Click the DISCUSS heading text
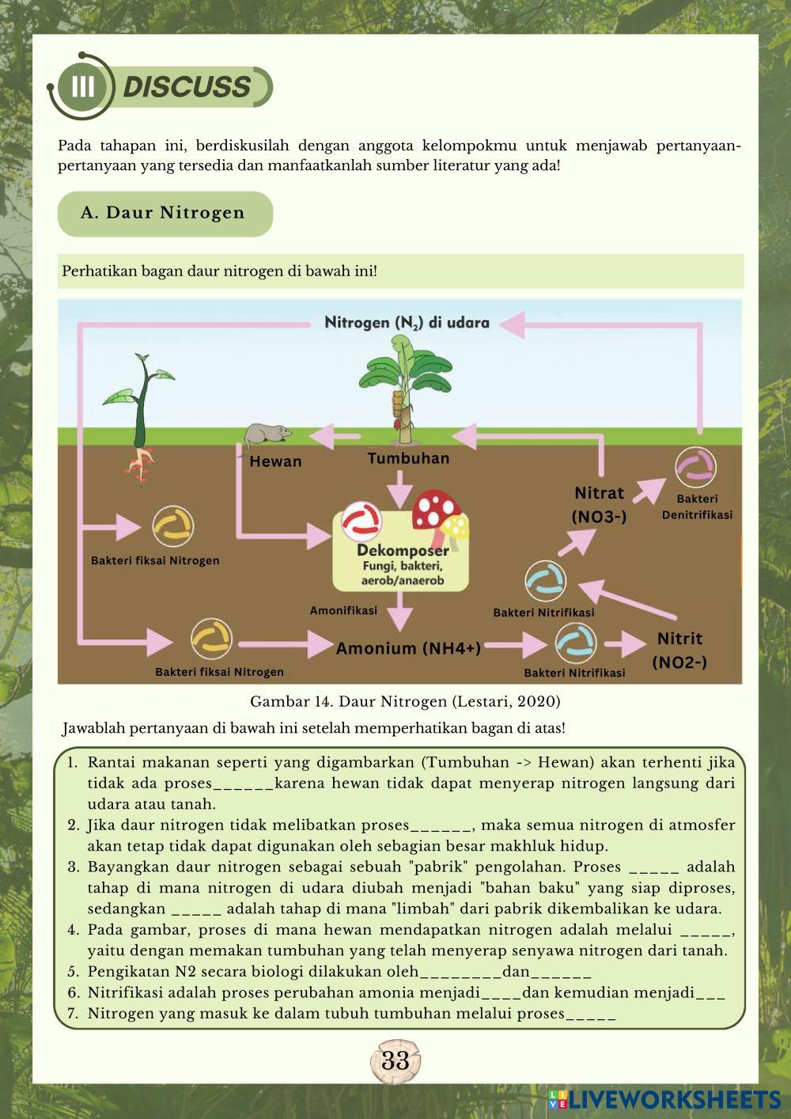(187, 87)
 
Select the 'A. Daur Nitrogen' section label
(163, 213)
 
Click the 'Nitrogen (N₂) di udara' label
(407, 323)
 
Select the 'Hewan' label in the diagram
(275, 461)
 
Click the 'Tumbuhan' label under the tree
(408, 458)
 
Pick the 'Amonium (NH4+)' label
(408, 648)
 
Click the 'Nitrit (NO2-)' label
(679, 650)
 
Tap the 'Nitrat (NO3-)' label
(599, 504)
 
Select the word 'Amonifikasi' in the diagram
(343, 610)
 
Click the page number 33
(395, 1061)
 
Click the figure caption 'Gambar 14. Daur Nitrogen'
(405, 701)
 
